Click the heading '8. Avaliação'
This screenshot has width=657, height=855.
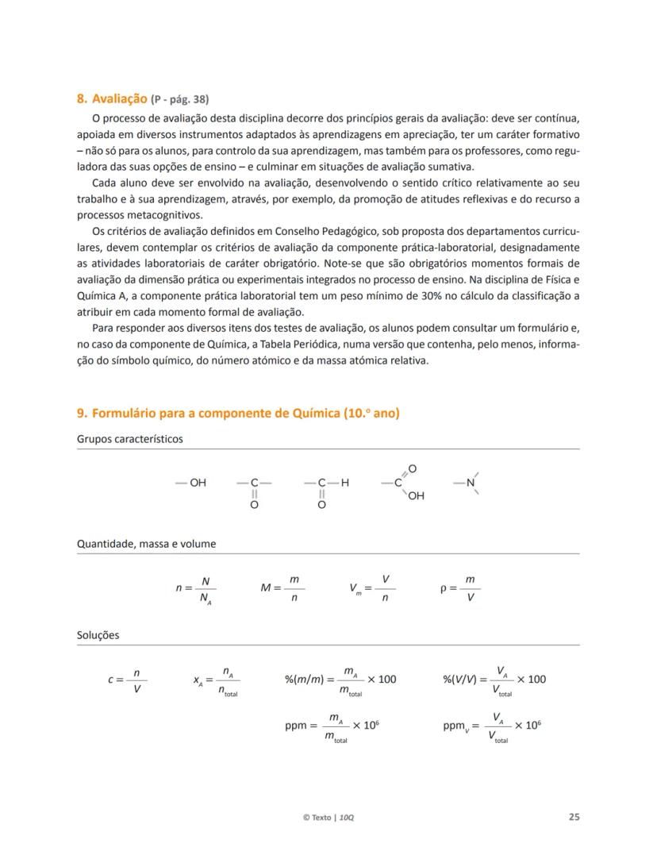112,99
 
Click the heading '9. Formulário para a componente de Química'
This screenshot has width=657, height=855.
238,414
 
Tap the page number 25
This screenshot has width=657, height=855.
574,817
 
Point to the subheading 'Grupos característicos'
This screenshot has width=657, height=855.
129,439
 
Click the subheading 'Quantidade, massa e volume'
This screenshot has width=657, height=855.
146,544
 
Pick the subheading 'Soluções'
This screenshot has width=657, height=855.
98,635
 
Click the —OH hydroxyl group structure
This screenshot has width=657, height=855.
191,483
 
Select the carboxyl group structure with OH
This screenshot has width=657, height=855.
404,483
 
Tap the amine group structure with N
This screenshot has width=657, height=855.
468,483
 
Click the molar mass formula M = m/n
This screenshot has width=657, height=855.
282,588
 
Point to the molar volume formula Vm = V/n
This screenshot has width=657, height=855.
372,588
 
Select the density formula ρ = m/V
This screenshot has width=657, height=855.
460,588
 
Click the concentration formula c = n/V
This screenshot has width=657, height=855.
128,680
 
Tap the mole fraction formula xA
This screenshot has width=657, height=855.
216,680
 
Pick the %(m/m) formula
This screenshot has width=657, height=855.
340,680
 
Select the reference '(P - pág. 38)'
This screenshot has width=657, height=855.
180,100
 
